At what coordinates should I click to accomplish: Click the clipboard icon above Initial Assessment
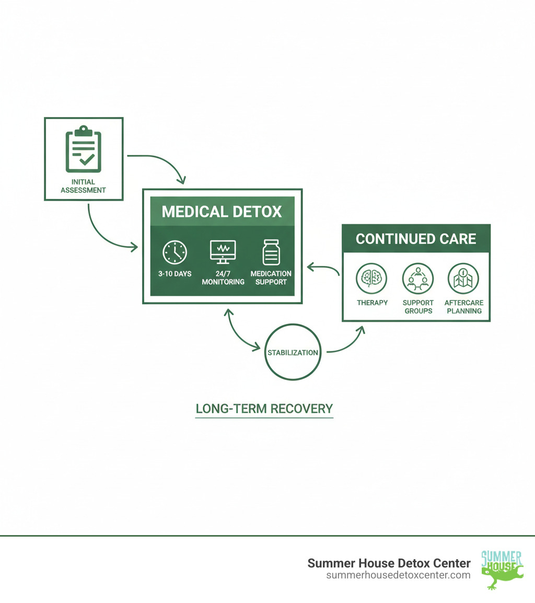pos(84,149)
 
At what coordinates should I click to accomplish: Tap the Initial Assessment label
pos(83,186)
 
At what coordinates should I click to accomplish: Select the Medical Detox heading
pos(222,212)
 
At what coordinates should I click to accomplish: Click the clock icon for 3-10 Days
pos(175,252)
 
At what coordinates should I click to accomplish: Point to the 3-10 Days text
pos(175,274)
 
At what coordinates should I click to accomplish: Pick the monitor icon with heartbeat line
pos(223,252)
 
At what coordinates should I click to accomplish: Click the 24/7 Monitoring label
pos(223,277)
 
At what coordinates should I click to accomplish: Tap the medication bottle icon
pos(271,252)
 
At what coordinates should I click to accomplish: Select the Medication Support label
pos(271,277)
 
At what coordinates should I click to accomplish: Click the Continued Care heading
pos(416,239)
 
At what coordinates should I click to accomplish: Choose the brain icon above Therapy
pos(371,279)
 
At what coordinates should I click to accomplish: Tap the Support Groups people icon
pos(418,279)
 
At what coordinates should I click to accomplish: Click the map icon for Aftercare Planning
pos(463,279)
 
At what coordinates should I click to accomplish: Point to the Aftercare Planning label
pos(463,307)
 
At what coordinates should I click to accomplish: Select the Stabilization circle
pos(293,352)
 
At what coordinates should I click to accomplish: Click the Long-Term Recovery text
pos(264,409)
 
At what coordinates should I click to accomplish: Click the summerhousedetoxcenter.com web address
pos(398,575)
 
